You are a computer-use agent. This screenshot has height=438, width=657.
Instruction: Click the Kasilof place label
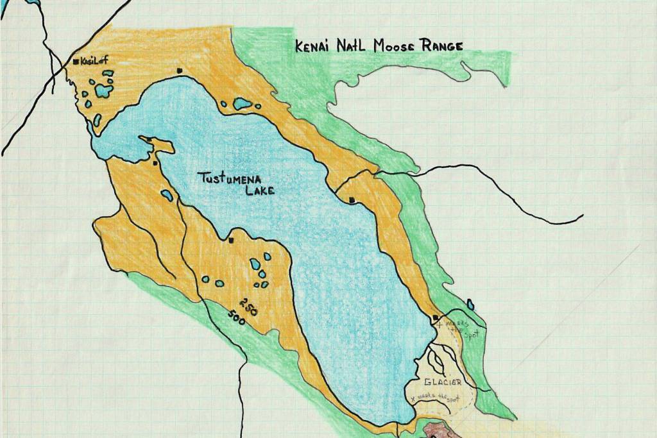pos(93,61)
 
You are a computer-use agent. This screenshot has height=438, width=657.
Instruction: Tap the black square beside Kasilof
pos(76,62)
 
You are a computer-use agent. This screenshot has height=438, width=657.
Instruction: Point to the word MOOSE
pos(391,46)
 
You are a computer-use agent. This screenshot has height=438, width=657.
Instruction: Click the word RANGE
pos(441,46)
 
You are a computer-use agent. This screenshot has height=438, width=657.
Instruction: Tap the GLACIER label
pos(442,382)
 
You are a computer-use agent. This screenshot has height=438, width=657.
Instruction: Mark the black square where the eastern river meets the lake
pos(352,201)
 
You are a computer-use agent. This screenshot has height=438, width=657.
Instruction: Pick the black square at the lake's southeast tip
pos(436,317)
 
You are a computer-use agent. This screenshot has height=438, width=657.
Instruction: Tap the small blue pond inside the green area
pos(470,304)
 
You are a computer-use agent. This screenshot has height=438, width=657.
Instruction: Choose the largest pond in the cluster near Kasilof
pos(102,91)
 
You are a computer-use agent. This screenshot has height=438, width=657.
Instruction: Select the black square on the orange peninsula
pos(149,139)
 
